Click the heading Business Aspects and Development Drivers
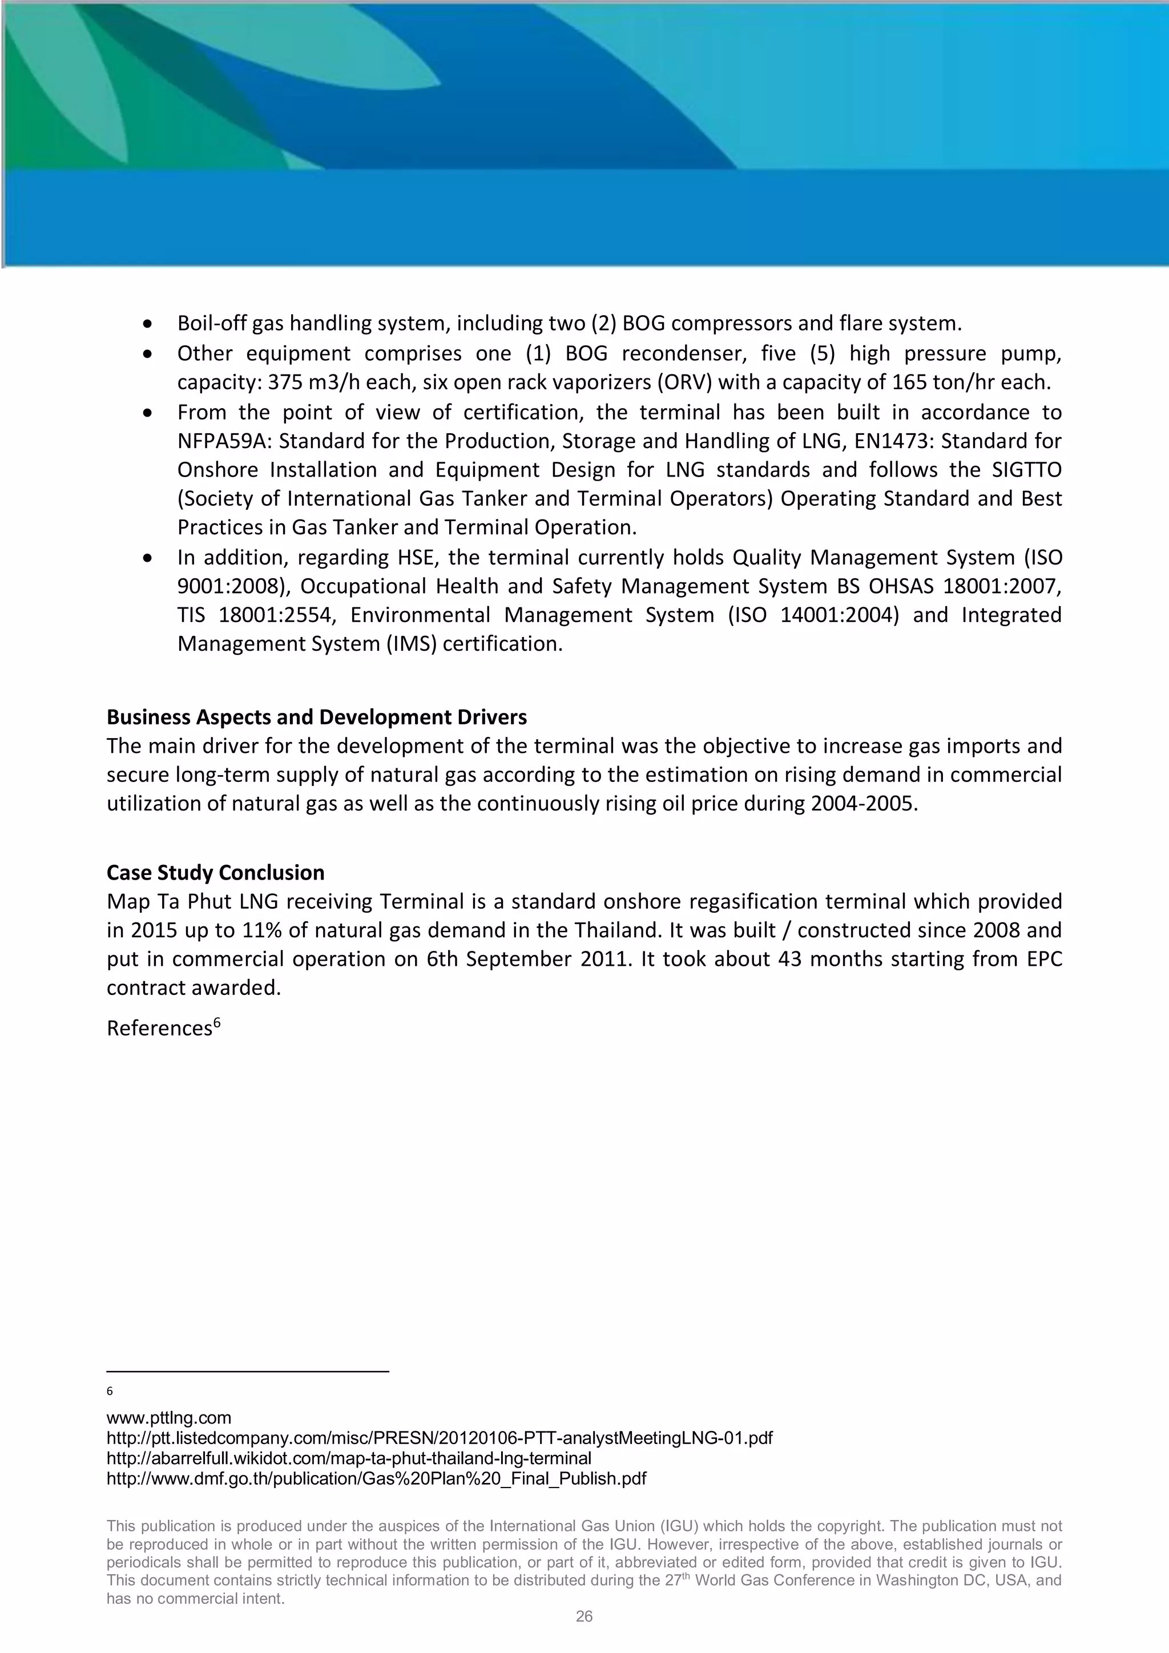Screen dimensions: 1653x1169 [x=317, y=717]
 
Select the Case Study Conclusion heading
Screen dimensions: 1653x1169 [x=215, y=873]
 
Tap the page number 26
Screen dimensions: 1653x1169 [x=584, y=1616]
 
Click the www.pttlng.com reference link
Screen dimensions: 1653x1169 [x=168, y=1418]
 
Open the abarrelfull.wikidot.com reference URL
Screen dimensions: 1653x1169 [x=348, y=1458]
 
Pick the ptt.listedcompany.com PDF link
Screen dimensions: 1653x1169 [x=439, y=1438]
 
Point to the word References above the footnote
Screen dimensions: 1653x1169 [x=160, y=1028]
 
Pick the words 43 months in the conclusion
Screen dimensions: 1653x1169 [x=819, y=959]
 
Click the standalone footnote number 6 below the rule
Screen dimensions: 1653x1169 [x=110, y=1391]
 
